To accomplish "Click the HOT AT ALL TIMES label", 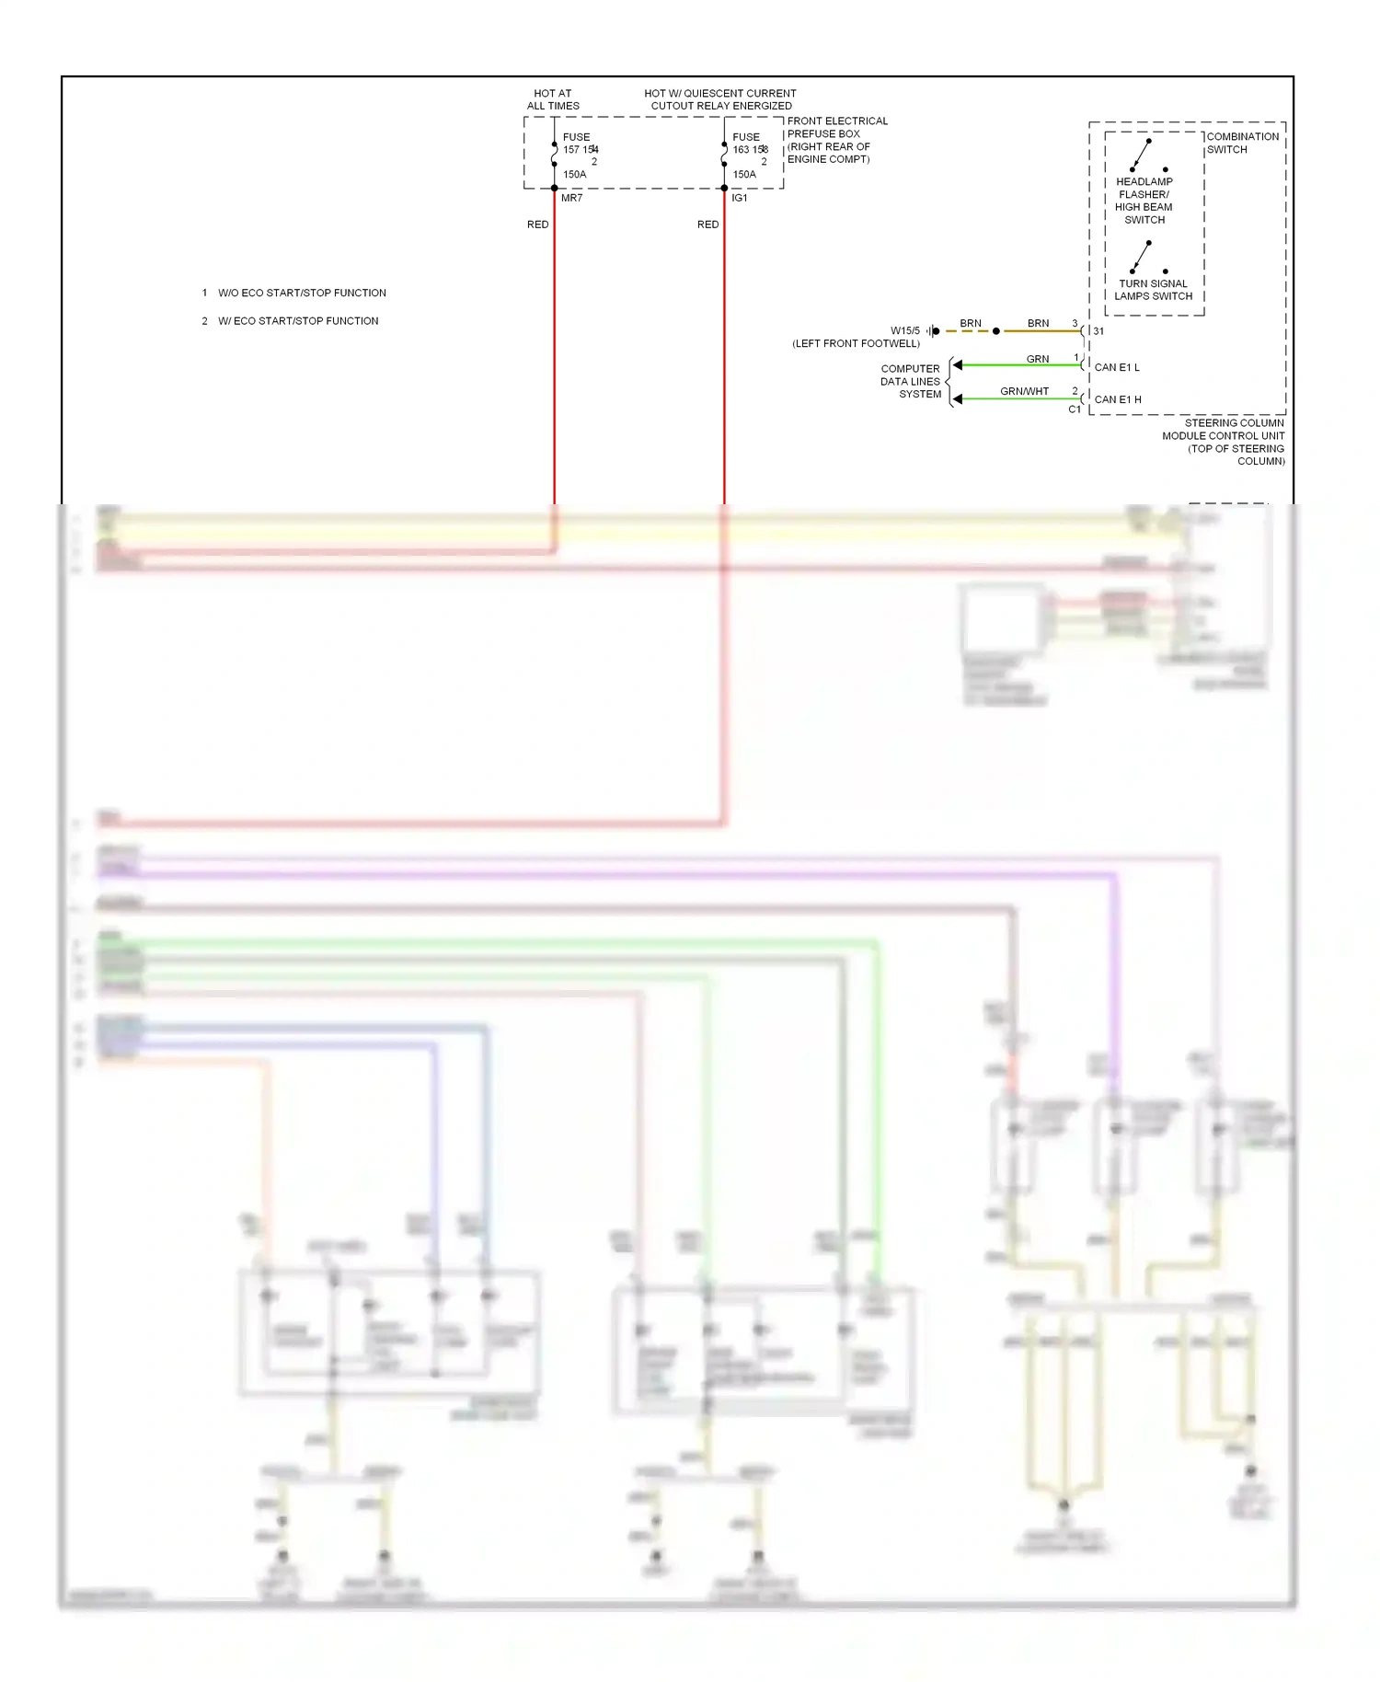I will pyautogui.click(x=553, y=99).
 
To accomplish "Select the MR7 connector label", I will pyautogui.click(x=571, y=198).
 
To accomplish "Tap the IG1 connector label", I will pyautogui.click(x=740, y=198).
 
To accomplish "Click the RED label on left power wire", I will pyautogui.click(x=537, y=225).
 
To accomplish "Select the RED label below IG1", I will pyautogui.click(x=707, y=225).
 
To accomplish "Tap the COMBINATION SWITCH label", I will pyautogui.click(x=1242, y=143).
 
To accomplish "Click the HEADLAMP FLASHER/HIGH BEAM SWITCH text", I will pyautogui.click(x=1144, y=201).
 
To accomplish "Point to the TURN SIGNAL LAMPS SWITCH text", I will pyautogui.click(x=1153, y=290).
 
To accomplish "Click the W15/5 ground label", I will pyautogui.click(x=904, y=330).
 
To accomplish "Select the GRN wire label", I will pyautogui.click(x=1037, y=359).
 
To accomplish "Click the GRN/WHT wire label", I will pyautogui.click(x=1024, y=391).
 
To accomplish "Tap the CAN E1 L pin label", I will pyautogui.click(x=1117, y=367).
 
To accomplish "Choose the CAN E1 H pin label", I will pyautogui.click(x=1118, y=399).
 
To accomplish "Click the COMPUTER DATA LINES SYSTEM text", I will pyautogui.click(x=911, y=381).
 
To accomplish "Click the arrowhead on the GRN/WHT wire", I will pyautogui.click(x=958, y=398).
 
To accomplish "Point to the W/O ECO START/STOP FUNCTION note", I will pyautogui.click(x=302, y=293).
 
